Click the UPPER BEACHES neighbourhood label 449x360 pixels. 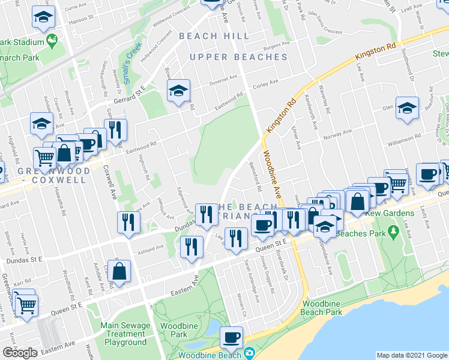(238, 57)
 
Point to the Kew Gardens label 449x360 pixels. (393, 214)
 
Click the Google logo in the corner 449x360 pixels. (19, 353)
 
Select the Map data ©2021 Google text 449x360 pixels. (411, 355)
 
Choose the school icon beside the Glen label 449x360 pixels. (407, 108)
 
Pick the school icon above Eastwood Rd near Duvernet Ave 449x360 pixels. (178, 91)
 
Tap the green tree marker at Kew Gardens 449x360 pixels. (393, 230)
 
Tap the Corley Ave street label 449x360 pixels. (265, 83)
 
